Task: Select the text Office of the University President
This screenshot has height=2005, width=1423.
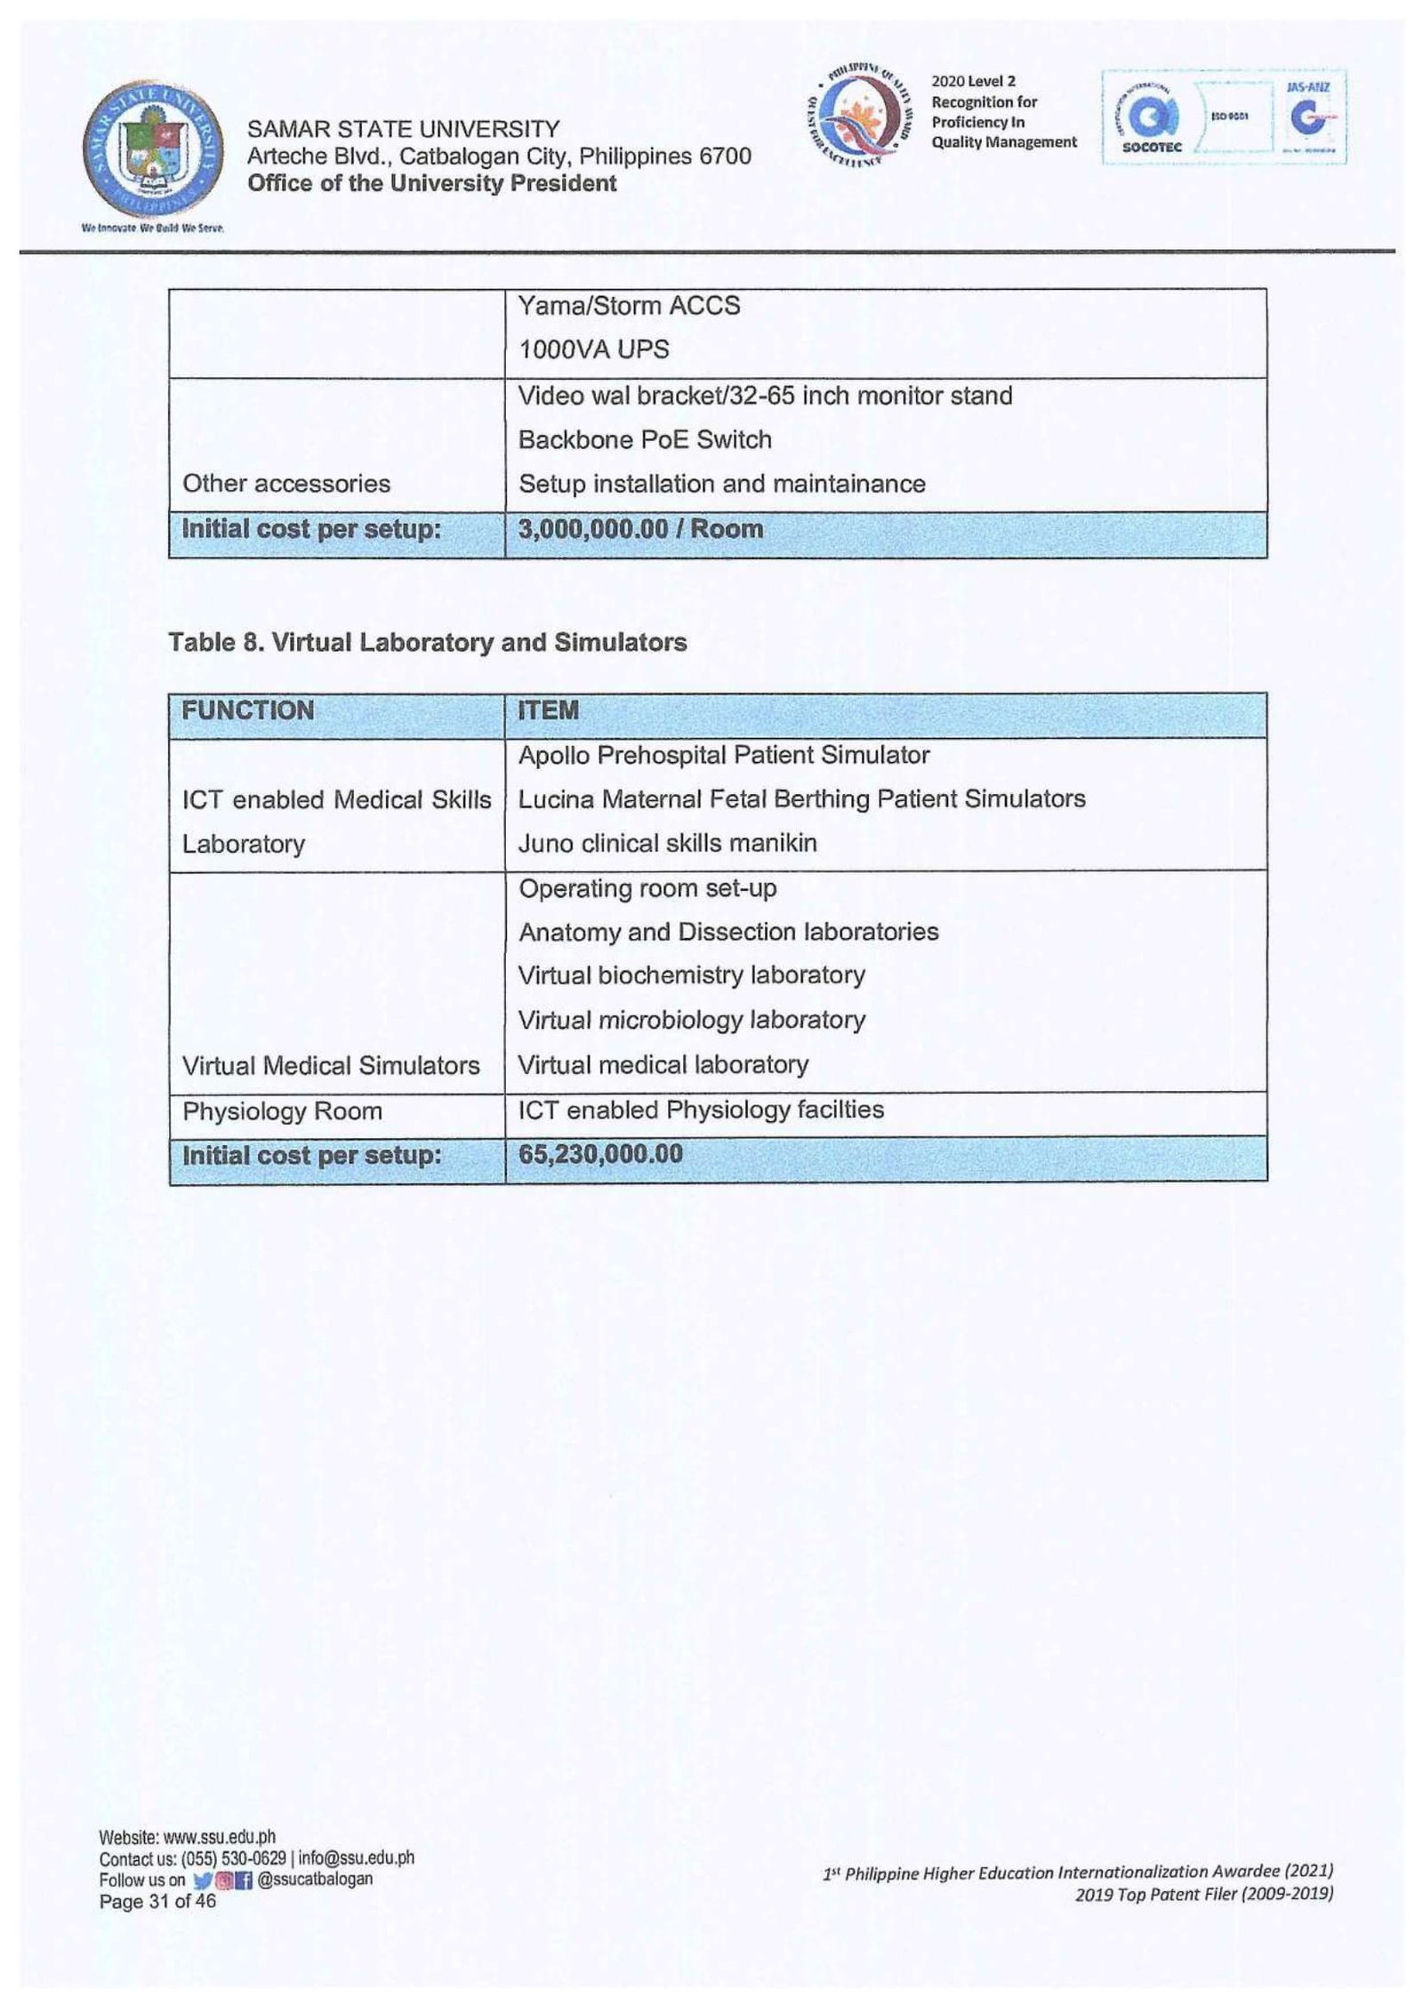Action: coord(431,183)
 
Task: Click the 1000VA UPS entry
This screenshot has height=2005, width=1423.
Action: coord(593,349)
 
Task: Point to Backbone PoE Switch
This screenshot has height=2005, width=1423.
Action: coord(645,439)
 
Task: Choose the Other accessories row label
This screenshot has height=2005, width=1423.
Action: coord(286,484)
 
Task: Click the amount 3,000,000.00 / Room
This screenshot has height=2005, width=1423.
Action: coord(640,529)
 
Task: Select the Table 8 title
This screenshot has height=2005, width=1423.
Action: coord(427,642)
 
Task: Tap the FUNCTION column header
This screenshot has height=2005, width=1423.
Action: coord(248,710)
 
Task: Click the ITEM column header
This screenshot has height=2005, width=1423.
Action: coord(549,710)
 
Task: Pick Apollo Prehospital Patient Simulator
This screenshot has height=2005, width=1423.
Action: coord(724,755)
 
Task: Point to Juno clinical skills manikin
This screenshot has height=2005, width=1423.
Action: coord(667,843)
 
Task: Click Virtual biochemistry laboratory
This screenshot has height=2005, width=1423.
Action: coord(691,975)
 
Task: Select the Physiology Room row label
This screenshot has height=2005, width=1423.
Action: coord(282,1111)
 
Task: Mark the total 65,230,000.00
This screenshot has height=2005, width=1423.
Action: coord(600,1155)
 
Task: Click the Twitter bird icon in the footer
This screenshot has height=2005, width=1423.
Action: coord(200,1880)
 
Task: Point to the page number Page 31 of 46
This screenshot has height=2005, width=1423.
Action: coord(157,1901)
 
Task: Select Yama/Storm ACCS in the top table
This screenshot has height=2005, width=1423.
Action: coord(629,306)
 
